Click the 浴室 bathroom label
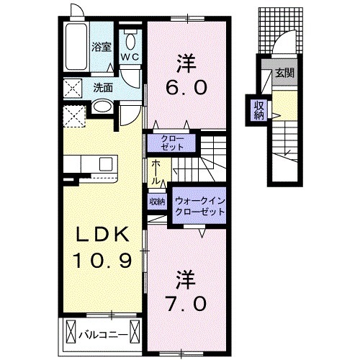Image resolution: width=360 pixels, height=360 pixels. tap(101, 48)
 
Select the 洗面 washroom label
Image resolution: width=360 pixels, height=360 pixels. tap(103, 89)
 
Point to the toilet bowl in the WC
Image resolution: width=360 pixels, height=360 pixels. tap(130, 38)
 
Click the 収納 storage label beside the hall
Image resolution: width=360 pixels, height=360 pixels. tap(157, 202)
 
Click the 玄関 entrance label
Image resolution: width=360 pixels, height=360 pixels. tap(288, 73)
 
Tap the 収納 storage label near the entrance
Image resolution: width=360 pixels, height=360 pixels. tap(258, 109)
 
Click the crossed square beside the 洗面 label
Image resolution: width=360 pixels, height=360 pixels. tap(72, 88)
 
